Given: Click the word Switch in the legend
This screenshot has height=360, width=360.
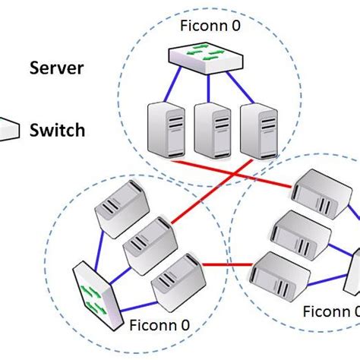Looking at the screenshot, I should [58, 130].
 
